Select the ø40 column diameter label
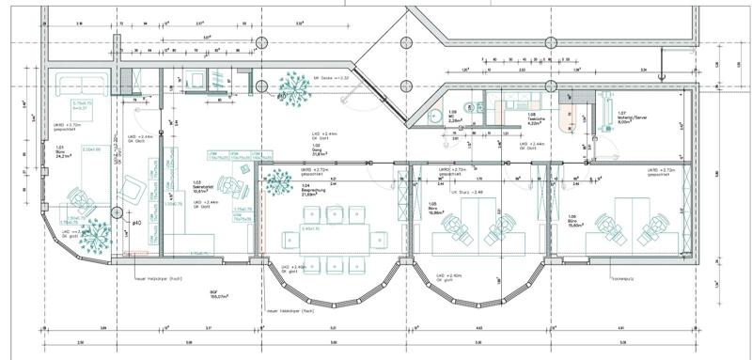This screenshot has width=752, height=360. (136, 223)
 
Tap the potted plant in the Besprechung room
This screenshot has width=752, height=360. (276, 181)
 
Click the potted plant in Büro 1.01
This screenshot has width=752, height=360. (95, 238)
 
